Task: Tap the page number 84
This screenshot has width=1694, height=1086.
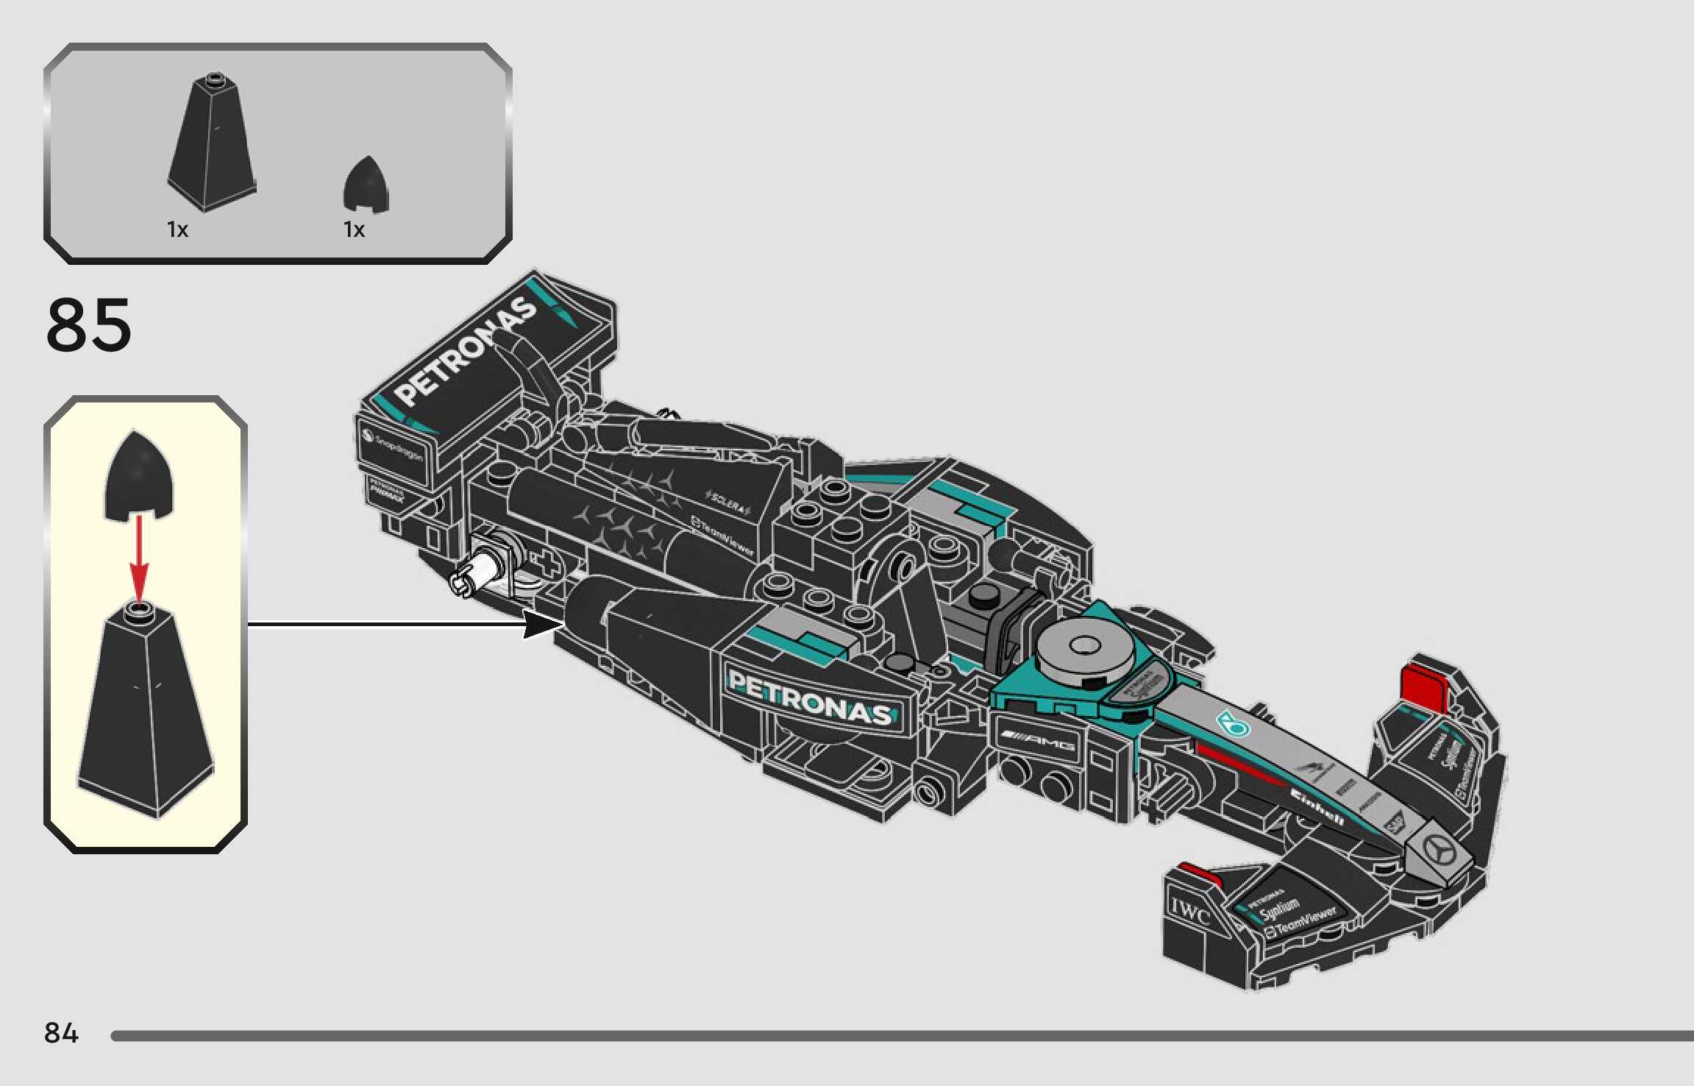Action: point(61,1033)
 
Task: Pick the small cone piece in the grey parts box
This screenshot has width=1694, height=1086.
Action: point(366,184)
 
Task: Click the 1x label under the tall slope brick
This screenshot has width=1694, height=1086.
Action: point(178,230)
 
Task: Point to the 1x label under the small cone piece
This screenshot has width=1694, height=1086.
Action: point(355,230)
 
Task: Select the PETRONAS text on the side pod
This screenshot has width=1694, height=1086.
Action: point(809,699)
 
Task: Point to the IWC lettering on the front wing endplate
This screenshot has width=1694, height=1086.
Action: point(1189,912)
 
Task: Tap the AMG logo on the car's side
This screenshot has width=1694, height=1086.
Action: point(1038,742)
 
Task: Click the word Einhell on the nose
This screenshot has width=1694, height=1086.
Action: point(1317,806)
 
